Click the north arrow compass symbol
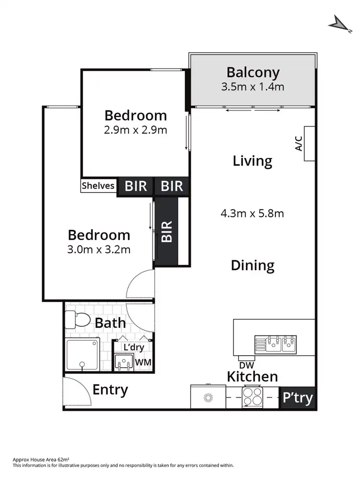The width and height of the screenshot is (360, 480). (339, 23)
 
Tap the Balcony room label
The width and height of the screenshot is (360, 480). (253, 72)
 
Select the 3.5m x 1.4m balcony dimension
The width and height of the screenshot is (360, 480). (253, 87)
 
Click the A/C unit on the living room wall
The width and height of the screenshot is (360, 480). (310, 144)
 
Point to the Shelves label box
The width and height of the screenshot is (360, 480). (98, 186)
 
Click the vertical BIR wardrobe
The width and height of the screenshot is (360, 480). (167, 231)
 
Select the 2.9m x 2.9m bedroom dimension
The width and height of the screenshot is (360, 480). (136, 130)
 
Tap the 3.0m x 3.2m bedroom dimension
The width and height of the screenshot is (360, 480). (99, 249)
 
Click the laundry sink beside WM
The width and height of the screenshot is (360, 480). (124, 361)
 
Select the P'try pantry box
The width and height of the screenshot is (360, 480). (297, 398)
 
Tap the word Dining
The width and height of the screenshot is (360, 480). (252, 265)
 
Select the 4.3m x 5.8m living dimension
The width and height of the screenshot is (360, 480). (252, 213)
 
